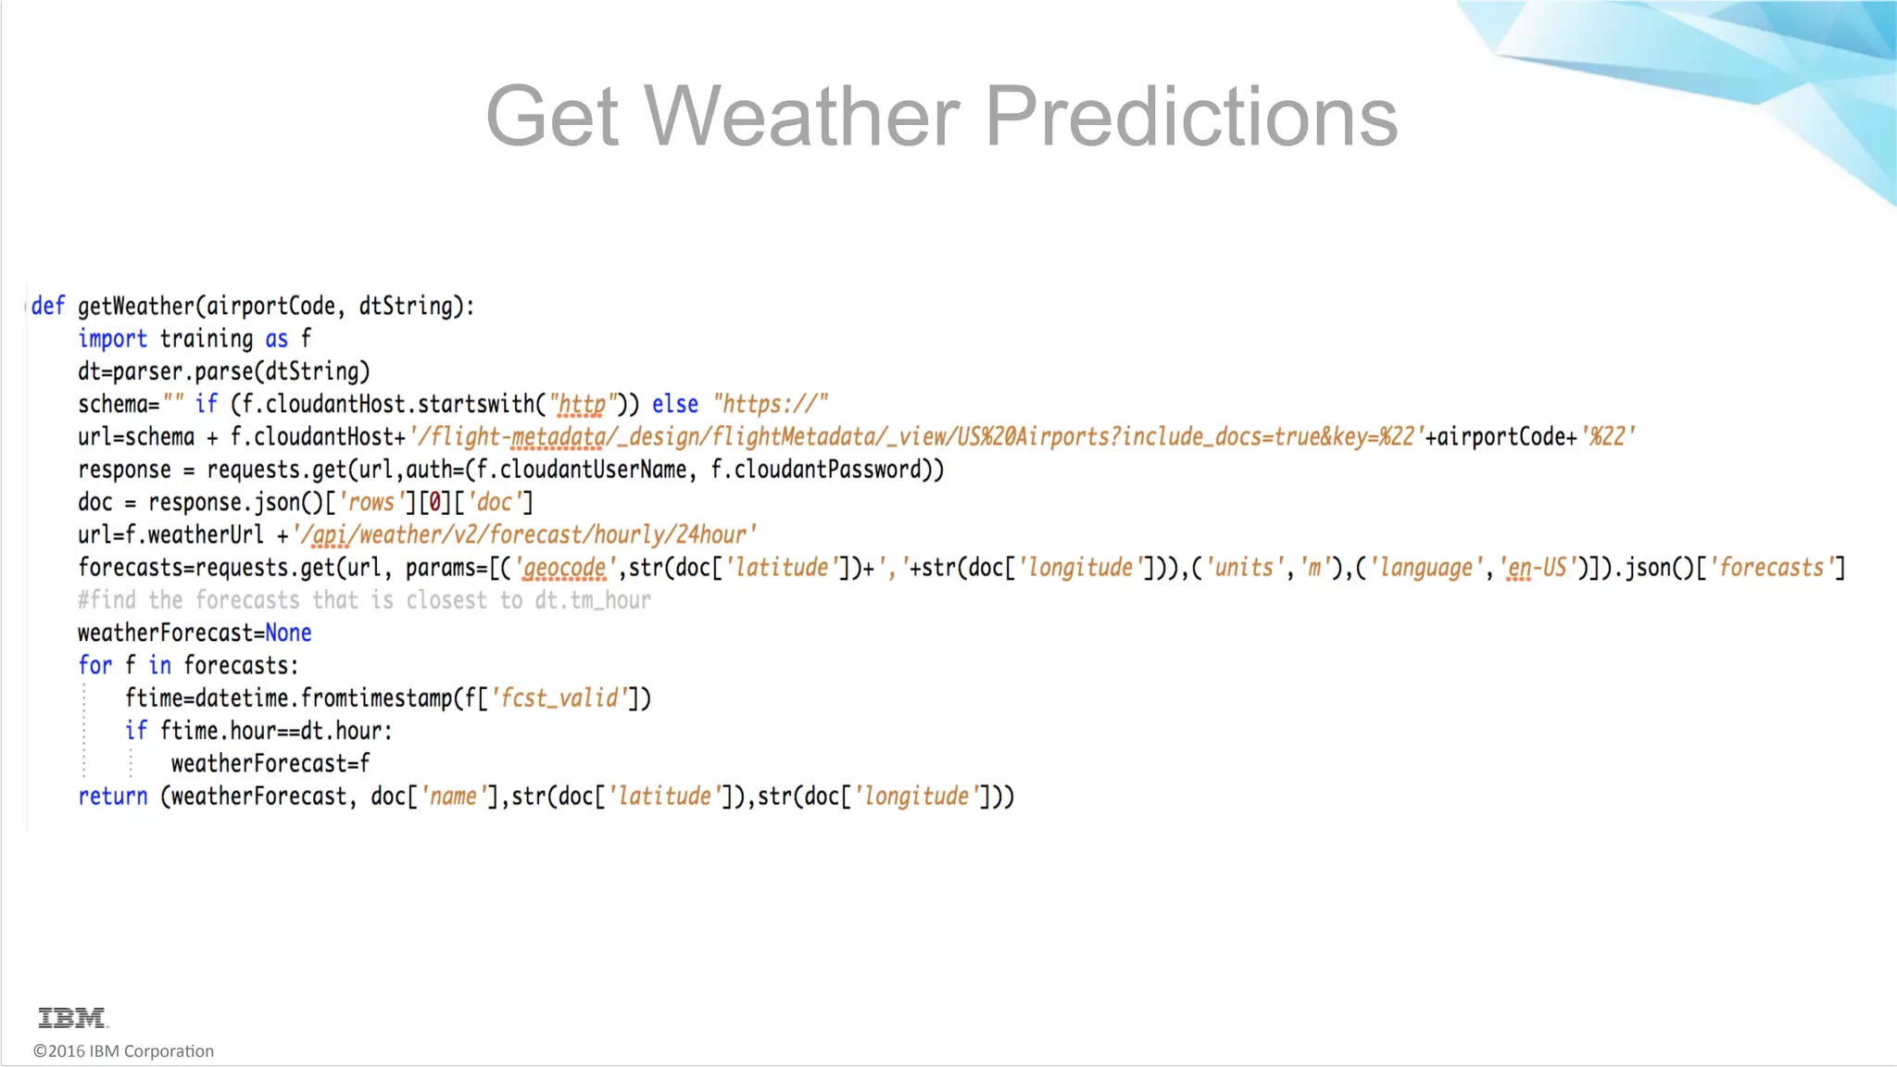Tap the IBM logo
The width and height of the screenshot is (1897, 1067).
click(x=72, y=1018)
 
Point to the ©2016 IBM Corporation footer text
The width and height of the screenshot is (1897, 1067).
click(x=123, y=1051)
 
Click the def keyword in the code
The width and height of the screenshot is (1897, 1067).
click(x=48, y=307)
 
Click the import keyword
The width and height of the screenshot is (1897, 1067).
click(x=112, y=339)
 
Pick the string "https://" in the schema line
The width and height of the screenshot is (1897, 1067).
click(x=771, y=405)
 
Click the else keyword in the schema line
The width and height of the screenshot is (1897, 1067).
click(x=675, y=405)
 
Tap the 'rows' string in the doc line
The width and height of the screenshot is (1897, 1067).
click(x=371, y=503)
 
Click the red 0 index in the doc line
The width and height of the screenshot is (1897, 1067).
click(x=434, y=503)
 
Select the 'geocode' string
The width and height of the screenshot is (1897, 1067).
click(x=564, y=568)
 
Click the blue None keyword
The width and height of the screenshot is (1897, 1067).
click(x=288, y=634)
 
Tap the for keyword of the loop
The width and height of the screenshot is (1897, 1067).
click(x=94, y=666)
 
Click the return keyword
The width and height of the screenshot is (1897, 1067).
click(x=113, y=797)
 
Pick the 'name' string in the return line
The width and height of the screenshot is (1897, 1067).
click(x=453, y=797)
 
